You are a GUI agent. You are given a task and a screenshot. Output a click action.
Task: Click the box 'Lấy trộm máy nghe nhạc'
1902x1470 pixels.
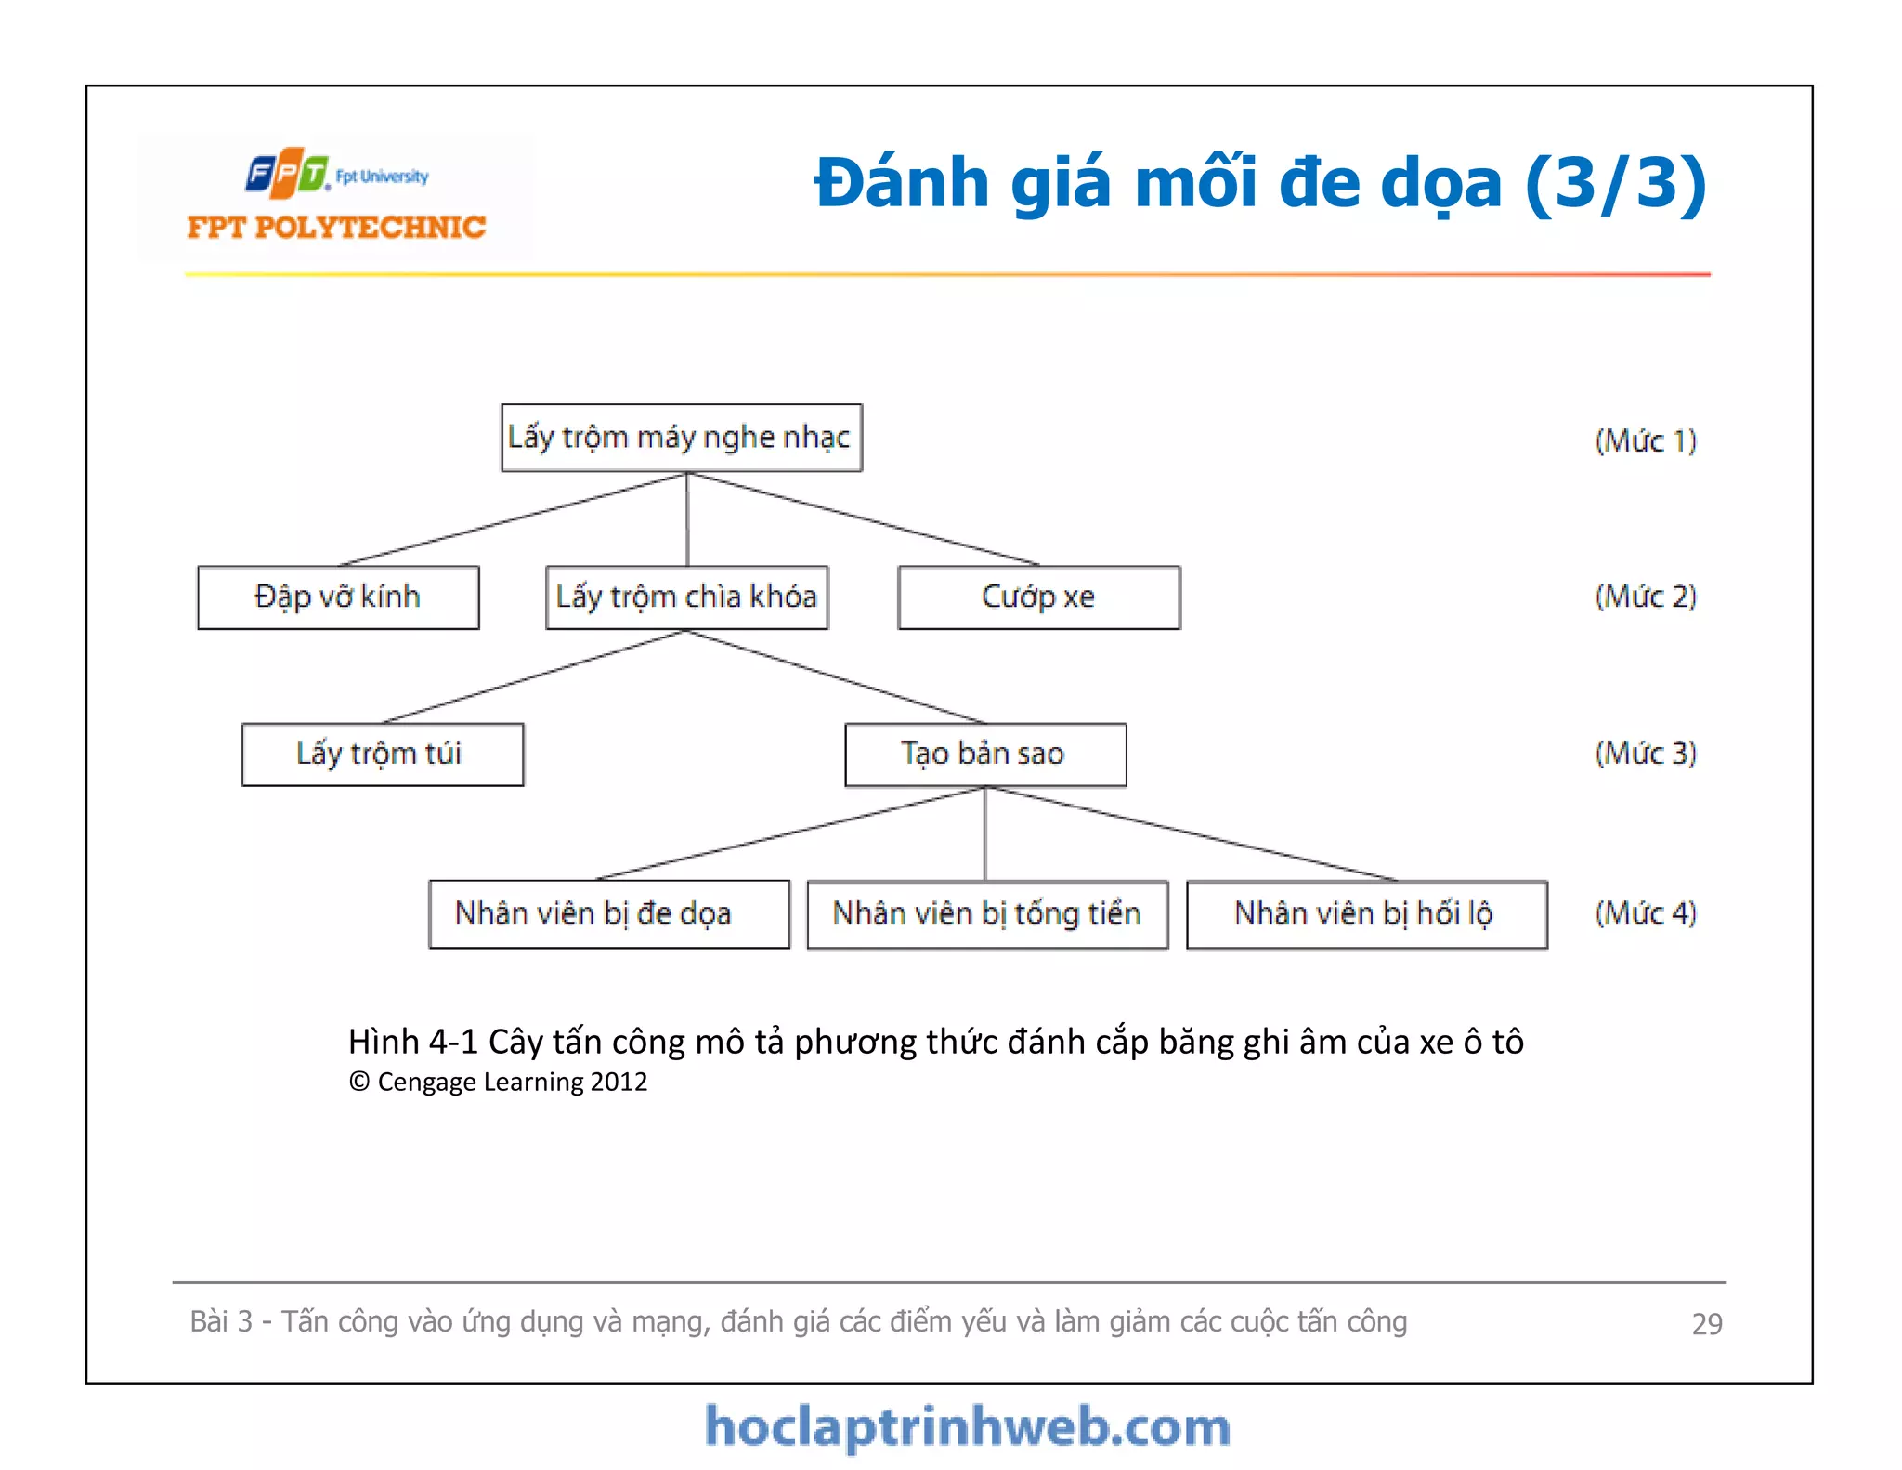[681, 438]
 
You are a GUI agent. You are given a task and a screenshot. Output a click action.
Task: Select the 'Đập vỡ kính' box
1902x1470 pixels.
[338, 597]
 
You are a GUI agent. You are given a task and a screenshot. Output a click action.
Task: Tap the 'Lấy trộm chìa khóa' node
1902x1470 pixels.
[686, 597]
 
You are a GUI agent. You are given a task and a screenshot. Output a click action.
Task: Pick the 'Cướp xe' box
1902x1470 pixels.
[1038, 597]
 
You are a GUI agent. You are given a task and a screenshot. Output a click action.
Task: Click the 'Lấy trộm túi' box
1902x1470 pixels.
[382, 755]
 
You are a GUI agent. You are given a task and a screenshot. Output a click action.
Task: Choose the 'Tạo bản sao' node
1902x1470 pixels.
[984, 755]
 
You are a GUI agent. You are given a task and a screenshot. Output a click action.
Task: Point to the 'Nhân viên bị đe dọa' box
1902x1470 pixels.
[608, 914]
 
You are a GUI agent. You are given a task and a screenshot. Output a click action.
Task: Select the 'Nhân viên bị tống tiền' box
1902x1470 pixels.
[986, 914]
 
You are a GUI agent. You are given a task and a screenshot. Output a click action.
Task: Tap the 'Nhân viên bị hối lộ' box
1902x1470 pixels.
[1366, 914]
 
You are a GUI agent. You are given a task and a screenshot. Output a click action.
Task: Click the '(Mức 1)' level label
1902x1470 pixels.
[1646, 440]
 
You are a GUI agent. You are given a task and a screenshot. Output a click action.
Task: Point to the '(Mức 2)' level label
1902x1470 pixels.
[1646, 597]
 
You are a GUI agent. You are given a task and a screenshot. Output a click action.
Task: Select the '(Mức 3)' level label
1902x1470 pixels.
[1646, 754]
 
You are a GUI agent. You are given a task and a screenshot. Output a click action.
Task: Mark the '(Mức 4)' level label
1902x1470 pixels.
[1646, 913]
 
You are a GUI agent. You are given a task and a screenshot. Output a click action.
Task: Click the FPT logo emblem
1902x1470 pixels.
[288, 173]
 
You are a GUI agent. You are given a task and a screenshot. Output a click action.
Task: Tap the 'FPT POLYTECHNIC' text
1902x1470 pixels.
[336, 228]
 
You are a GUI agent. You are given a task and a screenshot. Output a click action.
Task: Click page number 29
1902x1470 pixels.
[1707, 1324]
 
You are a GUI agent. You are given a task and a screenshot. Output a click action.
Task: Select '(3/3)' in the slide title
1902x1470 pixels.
[1615, 183]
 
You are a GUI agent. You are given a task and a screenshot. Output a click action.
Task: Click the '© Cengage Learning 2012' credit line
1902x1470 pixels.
[498, 1083]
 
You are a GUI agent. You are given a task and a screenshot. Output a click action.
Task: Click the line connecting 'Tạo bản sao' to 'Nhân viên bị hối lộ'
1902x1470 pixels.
[1191, 833]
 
